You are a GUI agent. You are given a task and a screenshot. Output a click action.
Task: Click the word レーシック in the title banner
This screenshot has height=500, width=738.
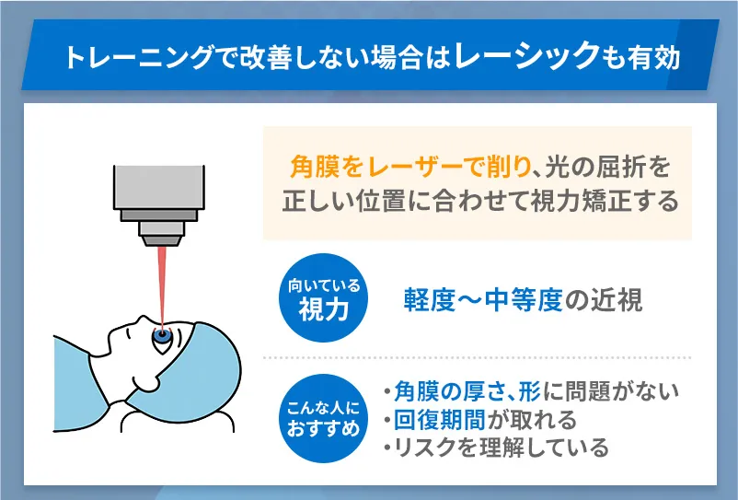point(523,58)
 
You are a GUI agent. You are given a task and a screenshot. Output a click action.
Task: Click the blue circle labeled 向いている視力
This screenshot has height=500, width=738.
point(322,300)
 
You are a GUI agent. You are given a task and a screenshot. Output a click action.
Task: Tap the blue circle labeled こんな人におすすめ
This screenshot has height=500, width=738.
point(322,419)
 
